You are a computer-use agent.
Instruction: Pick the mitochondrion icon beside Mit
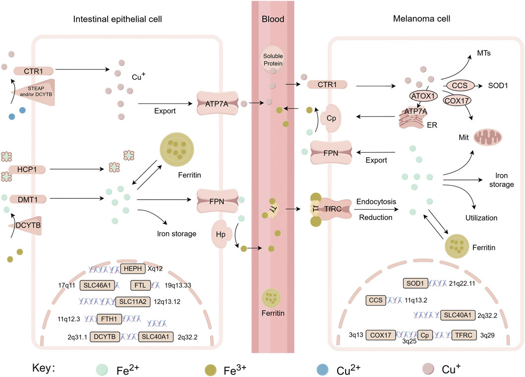[488, 136]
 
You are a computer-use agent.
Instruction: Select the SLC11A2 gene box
[132, 301]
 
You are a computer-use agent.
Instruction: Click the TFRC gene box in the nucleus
[466, 334]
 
